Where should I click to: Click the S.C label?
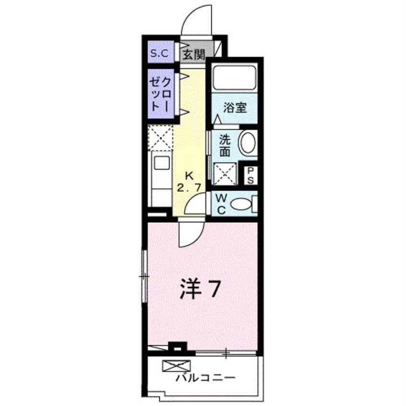160,53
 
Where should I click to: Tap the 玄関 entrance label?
193,53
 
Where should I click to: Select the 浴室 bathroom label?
235,107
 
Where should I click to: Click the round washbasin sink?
248,143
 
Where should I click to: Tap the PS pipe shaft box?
251,175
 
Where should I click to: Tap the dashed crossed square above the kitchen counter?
161,137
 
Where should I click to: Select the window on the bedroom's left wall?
144,276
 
